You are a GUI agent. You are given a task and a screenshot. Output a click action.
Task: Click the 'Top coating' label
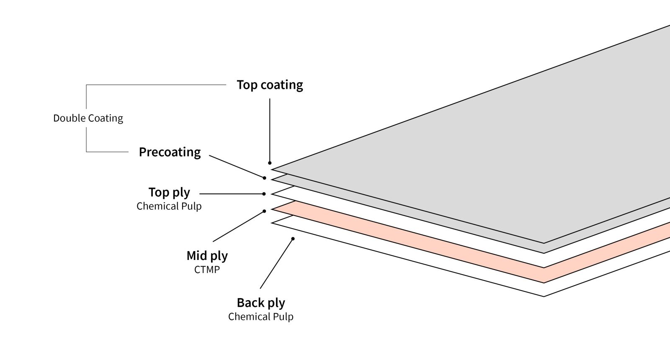270,85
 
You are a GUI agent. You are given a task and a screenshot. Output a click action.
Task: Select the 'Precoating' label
170,152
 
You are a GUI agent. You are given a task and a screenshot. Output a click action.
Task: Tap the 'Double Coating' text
88,118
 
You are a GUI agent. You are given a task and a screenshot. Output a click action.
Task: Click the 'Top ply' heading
169,192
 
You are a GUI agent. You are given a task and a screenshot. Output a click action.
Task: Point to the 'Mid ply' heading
207,256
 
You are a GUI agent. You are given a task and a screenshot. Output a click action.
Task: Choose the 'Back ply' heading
260,303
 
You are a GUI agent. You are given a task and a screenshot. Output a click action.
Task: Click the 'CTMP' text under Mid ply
207,270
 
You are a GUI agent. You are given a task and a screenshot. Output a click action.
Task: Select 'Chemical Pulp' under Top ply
169,206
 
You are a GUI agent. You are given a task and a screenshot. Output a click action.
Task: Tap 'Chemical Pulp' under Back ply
260,317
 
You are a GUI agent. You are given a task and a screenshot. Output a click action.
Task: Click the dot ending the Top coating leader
270,163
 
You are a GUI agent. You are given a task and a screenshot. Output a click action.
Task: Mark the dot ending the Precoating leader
264,178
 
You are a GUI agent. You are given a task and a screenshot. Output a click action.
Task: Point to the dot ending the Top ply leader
264,194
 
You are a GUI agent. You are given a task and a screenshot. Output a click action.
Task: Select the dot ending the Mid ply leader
264,211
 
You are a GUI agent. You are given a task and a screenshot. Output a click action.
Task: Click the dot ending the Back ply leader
293,239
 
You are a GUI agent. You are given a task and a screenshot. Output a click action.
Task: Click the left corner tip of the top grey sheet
273,170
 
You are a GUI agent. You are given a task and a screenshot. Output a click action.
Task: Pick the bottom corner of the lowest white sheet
544,296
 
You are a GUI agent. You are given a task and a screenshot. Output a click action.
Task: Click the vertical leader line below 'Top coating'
270,130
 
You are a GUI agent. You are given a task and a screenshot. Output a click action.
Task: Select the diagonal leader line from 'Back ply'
276,264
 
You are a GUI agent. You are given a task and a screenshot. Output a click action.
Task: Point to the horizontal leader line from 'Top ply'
230,194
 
